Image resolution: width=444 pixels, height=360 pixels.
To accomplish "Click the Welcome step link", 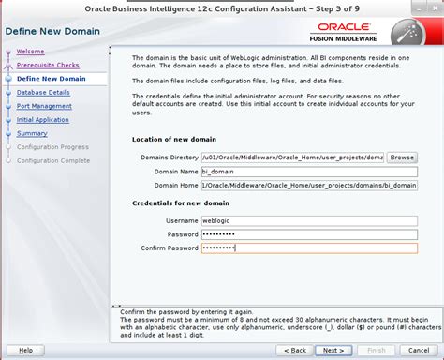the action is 31,52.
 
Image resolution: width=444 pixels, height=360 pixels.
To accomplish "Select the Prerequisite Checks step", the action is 47,66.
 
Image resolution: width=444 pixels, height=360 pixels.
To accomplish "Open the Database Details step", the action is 43,93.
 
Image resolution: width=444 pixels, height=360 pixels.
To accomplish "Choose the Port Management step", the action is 44,106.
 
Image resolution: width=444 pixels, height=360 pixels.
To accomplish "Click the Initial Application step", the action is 43,120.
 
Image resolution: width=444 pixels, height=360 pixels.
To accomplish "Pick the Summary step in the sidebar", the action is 32,133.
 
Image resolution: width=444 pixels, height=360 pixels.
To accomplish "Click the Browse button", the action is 402,157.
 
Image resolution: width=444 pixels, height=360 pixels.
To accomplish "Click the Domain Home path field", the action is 309,186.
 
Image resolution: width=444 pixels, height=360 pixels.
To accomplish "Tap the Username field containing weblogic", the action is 309,219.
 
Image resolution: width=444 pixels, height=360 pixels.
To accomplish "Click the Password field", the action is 309,233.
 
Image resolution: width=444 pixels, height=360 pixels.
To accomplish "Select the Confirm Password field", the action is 309,247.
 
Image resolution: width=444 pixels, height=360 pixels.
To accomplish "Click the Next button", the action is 331,351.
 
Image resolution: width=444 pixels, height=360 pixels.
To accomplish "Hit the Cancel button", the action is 419,351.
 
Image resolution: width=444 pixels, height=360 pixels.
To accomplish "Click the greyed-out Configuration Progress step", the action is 53,147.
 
